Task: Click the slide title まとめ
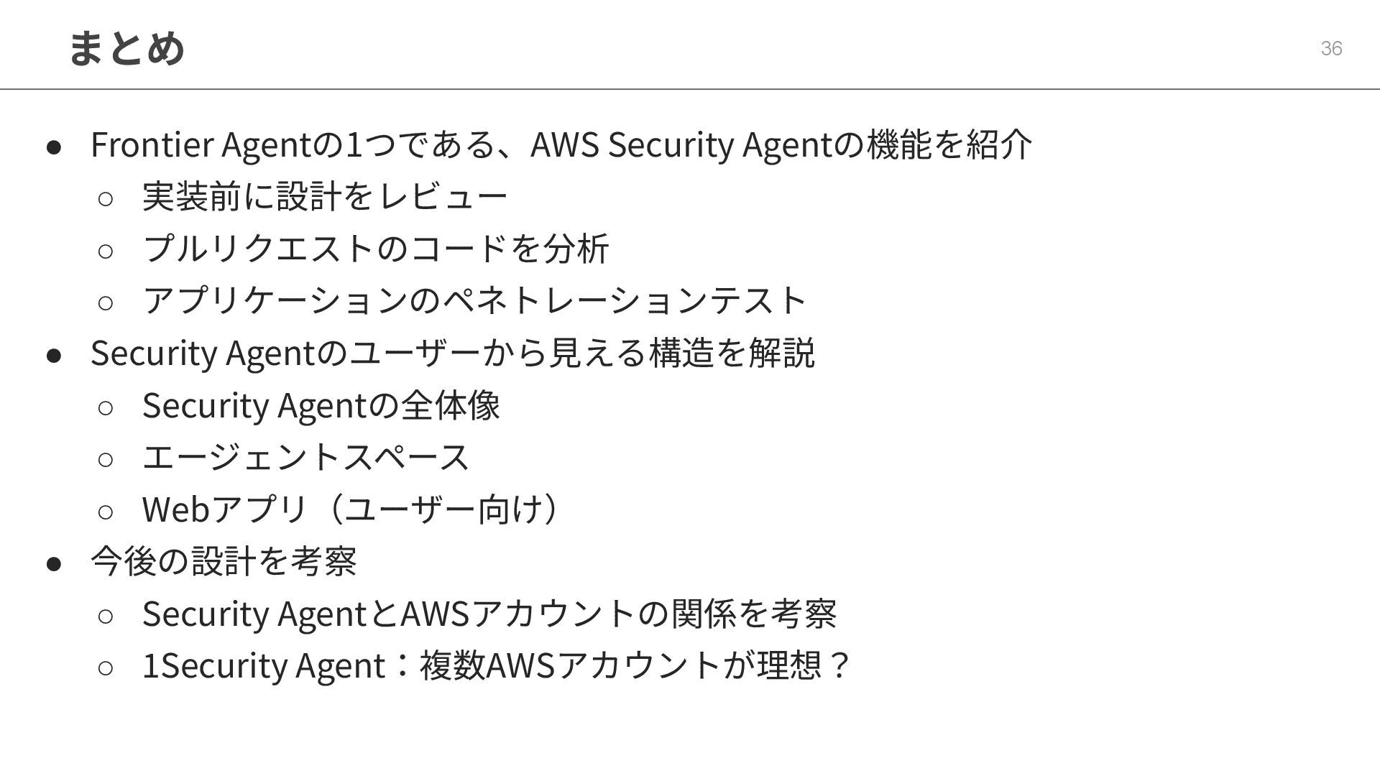click(126, 48)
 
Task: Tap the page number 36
click(1331, 48)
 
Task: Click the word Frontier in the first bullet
click(152, 144)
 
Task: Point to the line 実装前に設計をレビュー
click(325, 196)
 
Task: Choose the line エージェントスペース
click(305, 457)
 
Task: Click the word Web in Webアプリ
click(175, 509)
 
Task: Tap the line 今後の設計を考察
click(224, 561)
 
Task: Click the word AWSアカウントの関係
click(568, 613)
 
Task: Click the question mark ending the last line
click(839, 665)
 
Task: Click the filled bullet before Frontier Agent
click(54, 147)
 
